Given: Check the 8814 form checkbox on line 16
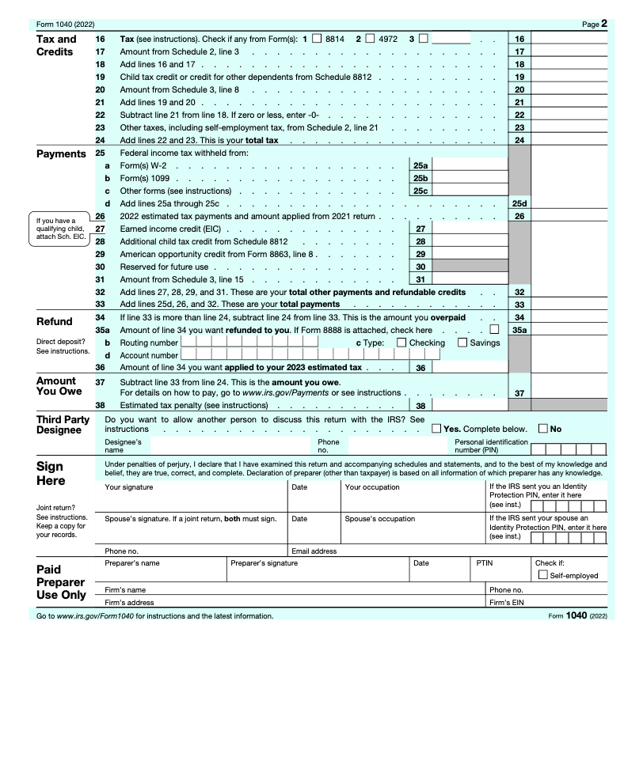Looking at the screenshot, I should point(318,38).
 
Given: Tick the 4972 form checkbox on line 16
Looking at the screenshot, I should point(370,38).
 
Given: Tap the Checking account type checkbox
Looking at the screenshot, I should point(401,343).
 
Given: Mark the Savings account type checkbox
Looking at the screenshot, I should point(462,343).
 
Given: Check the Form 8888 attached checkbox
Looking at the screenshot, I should point(495,330).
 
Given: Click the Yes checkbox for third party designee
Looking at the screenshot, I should point(437,429).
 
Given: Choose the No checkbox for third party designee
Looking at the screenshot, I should point(543,429).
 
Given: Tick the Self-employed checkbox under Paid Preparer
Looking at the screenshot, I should point(542,575).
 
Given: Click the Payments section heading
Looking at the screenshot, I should point(61,153).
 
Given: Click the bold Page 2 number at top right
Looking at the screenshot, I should point(603,24).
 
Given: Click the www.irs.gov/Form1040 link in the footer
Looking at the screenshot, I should point(93,616).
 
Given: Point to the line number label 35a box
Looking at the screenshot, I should point(519,330).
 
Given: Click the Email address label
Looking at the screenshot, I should point(314,551).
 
